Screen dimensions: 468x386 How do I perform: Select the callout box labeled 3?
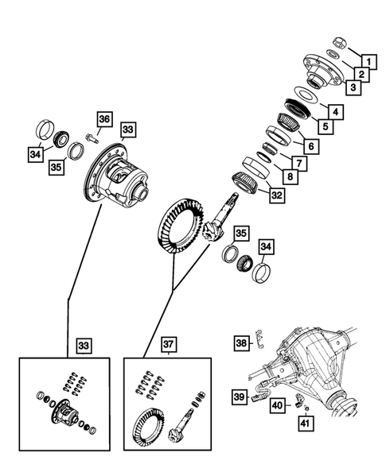(x=348, y=88)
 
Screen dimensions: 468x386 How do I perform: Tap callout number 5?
(x=326, y=126)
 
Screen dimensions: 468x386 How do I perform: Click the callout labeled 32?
(x=275, y=194)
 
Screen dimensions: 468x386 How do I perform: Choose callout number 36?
(x=103, y=119)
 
